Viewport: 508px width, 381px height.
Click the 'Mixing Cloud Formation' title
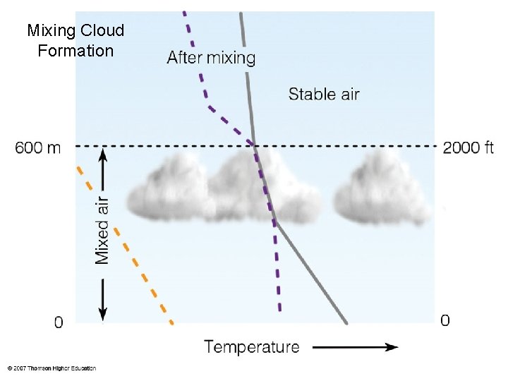[x=75, y=40]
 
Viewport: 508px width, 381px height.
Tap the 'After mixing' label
[x=211, y=57]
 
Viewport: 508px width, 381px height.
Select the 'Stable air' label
[x=324, y=93]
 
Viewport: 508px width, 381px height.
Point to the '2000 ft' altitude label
[x=468, y=148]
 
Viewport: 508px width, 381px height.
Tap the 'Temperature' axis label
[x=252, y=346]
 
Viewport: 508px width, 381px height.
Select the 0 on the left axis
[x=59, y=322]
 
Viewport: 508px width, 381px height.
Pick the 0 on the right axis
[x=445, y=321]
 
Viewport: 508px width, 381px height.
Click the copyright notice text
[x=52, y=368]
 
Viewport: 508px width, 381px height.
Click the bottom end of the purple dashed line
[x=280, y=309]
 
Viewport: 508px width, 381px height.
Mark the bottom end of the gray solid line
[x=346, y=323]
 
